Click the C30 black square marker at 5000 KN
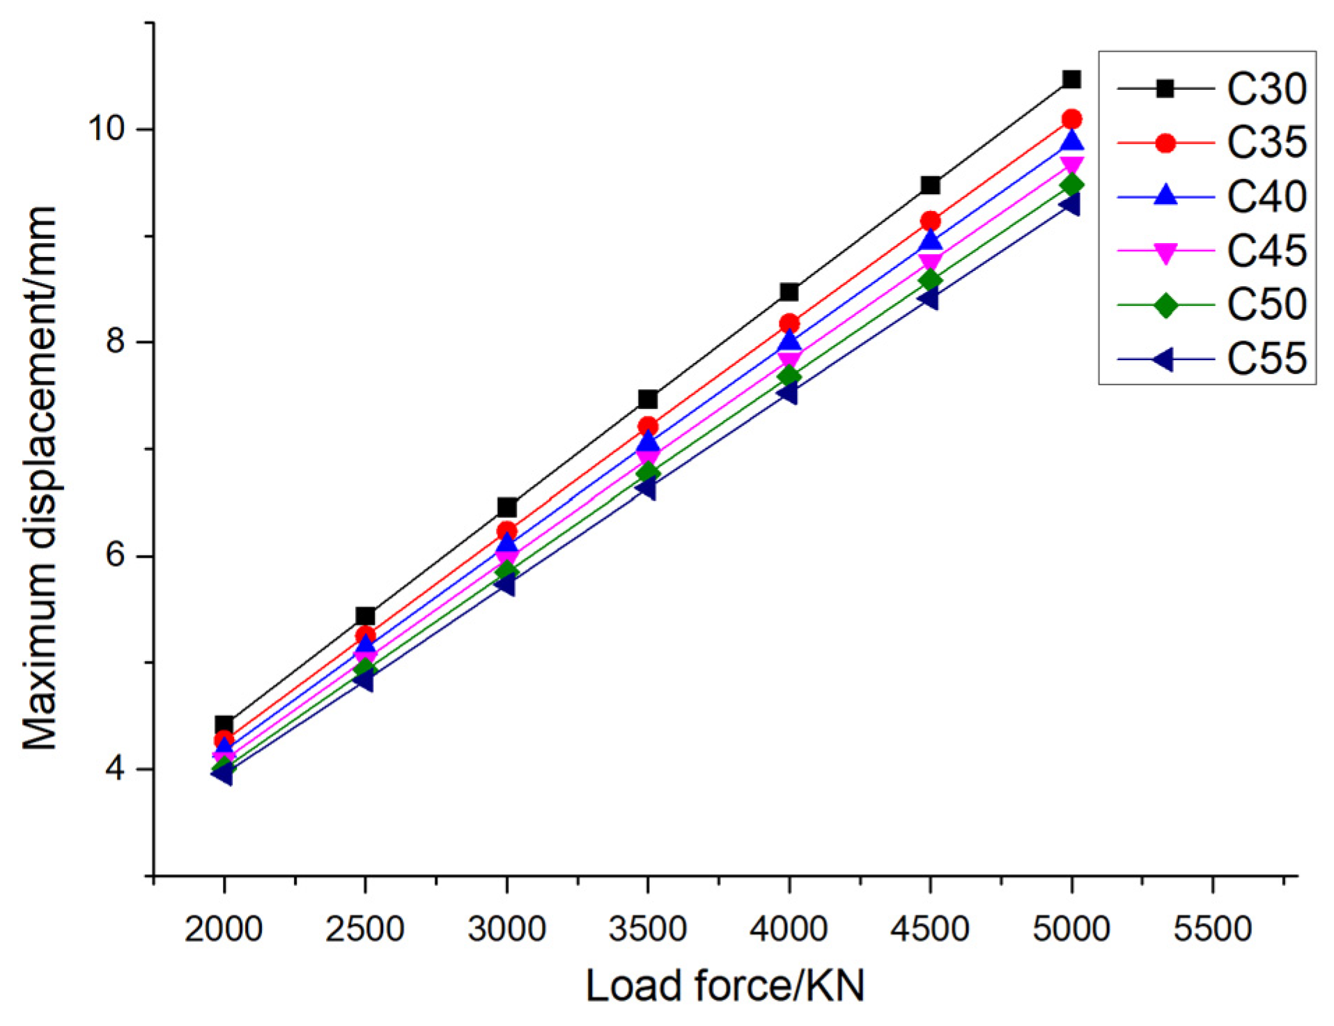coord(1071,79)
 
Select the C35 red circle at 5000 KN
coord(1071,119)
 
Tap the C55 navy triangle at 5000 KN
coord(1069,205)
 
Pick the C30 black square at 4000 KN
coord(789,292)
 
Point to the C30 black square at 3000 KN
coord(506,507)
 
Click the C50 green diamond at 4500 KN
coord(930,280)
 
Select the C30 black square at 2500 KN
coord(365,616)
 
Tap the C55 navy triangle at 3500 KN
coord(646,489)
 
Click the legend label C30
coord(1266,89)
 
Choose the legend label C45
coord(1266,251)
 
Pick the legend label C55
coord(1266,359)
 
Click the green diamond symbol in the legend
coord(1165,305)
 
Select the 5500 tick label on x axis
coord(1212,928)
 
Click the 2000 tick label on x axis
coord(224,928)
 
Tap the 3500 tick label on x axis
coord(647,928)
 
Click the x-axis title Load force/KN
coord(724,986)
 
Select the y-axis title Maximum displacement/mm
coord(40,478)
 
